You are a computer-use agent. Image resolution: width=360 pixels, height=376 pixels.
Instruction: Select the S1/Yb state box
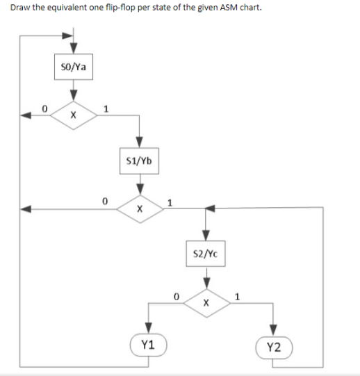[140, 161]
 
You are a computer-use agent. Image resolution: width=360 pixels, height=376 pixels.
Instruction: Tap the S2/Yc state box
[205, 254]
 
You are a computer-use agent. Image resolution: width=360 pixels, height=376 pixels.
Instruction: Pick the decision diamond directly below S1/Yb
[140, 208]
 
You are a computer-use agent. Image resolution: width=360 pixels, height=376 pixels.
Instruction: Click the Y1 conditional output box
[148, 344]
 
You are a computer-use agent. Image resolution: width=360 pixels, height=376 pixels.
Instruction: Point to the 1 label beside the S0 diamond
[105, 108]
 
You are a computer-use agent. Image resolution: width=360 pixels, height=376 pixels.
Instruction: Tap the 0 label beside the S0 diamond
[43, 108]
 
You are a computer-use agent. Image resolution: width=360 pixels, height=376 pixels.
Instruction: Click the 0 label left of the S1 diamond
[104, 201]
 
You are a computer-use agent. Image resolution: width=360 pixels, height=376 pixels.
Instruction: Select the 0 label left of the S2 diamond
[177, 296]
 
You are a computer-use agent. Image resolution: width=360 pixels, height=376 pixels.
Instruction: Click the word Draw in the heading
[19, 9]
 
